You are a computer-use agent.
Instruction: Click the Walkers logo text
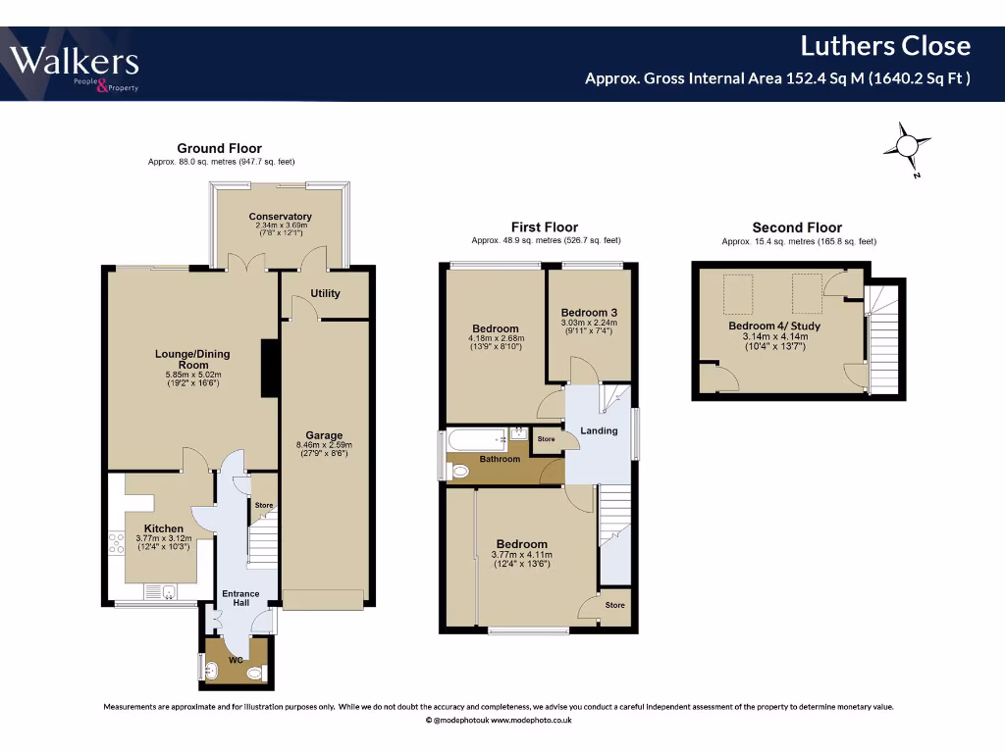pyautogui.click(x=74, y=62)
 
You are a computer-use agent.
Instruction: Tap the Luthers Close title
pyautogui.click(x=885, y=46)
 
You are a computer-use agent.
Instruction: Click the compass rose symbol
pyautogui.click(x=907, y=147)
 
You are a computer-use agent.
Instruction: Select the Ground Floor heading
pyautogui.click(x=219, y=149)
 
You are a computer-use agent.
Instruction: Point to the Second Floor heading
pyautogui.click(x=797, y=227)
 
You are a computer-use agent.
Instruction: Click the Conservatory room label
pyautogui.click(x=280, y=217)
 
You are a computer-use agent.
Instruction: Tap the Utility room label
pyautogui.click(x=325, y=293)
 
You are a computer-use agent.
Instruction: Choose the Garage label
pyautogui.click(x=324, y=435)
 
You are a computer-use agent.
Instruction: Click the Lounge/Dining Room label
pyautogui.click(x=192, y=359)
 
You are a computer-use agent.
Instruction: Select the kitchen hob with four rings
pyautogui.click(x=117, y=543)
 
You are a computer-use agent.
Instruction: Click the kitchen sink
pyautogui.click(x=160, y=592)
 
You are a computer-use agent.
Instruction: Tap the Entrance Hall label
pyautogui.click(x=241, y=598)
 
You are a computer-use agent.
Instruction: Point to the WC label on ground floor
pyautogui.click(x=236, y=660)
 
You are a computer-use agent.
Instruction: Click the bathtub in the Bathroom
pyautogui.click(x=479, y=439)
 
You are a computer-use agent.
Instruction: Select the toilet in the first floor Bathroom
pyautogui.click(x=459, y=473)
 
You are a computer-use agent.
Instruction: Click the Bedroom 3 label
pyautogui.click(x=589, y=313)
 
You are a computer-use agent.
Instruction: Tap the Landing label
pyautogui.click(x=599, y=431)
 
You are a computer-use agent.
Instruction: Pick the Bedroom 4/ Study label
pyautogui.click(x=774, y=326)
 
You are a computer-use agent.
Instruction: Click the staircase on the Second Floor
pyautogui.click(x=882, y=339)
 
